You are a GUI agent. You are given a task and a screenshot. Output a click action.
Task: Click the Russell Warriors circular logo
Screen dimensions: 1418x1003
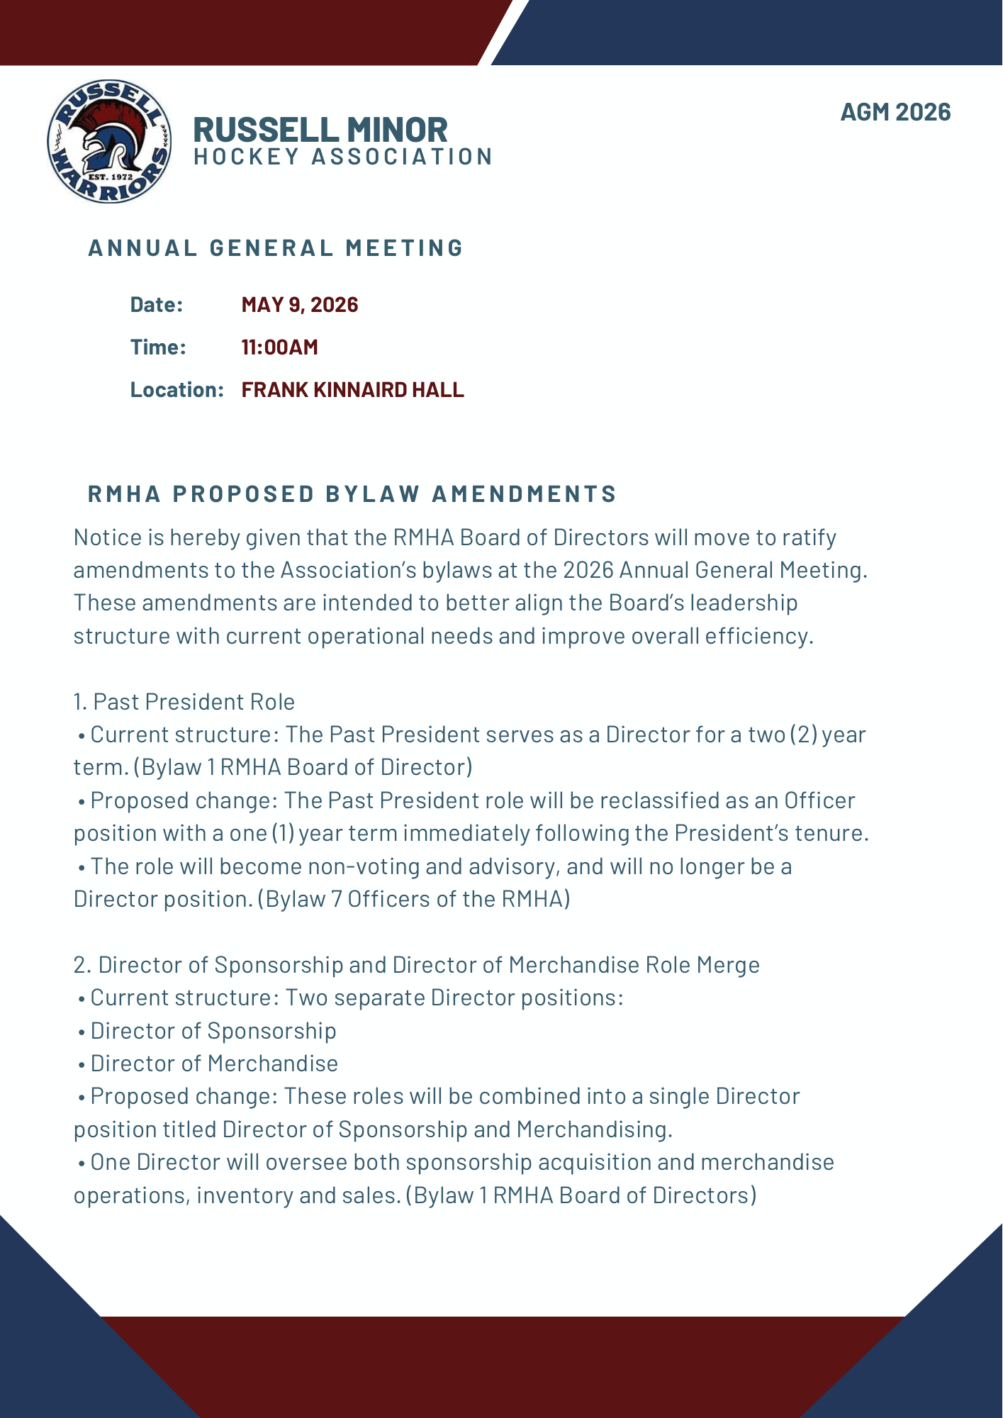pos(109,141)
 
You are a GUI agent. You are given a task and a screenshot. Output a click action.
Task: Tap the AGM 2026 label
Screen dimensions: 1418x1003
pos(895,112)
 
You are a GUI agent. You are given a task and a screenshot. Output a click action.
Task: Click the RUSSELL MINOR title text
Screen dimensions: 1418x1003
pos(320,130)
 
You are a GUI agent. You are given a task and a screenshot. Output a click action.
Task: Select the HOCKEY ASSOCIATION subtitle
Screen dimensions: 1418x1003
pos(343,157)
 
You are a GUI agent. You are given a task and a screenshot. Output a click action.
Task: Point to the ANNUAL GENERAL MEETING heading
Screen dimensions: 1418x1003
pos(276,247)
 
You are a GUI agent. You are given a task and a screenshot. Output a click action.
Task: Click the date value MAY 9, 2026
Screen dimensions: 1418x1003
pos(299,305)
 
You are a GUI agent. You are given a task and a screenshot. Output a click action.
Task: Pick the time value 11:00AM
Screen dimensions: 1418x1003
pos(279,347)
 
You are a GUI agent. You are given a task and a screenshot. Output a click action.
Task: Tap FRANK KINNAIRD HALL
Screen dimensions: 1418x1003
pos(352,390)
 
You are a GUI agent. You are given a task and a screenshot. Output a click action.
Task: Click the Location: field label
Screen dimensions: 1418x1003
pos(176,390)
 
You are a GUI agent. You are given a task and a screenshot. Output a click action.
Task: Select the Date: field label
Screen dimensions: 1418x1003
pos(157,305)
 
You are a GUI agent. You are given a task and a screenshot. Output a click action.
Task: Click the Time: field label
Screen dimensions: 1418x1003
pos(158,347)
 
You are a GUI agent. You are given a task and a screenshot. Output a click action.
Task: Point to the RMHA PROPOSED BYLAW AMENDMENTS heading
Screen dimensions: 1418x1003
pos(352,493)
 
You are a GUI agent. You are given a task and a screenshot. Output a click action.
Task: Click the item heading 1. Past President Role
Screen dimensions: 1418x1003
pos(184,702)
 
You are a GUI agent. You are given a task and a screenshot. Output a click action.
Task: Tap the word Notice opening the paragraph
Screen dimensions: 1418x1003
pos(108,537)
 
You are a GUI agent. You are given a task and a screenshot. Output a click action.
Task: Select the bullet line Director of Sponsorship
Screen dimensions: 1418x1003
pos(213,1031)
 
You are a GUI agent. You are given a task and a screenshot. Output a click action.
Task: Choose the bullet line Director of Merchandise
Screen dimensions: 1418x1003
pos(214,1063)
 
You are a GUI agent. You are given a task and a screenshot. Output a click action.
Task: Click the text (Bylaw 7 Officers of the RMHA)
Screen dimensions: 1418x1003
pos(414,899)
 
